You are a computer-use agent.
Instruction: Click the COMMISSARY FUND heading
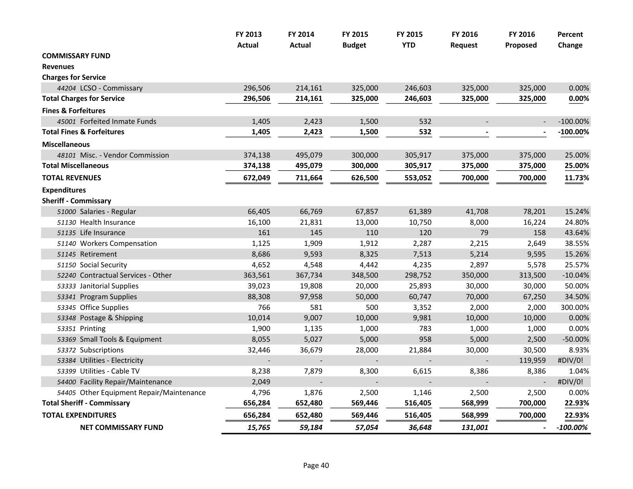(76, 56)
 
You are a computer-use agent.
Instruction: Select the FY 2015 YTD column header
(409, 40)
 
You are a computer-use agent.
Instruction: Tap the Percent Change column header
(570, 40)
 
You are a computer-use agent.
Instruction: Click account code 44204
(66, 88)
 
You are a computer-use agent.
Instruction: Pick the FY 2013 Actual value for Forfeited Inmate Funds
(261, 122)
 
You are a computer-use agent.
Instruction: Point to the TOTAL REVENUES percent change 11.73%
(577, 178)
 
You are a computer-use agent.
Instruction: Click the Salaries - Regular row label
(108, 212)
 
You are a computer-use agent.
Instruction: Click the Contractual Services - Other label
(125, 275)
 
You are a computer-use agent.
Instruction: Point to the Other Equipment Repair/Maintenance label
(142, 393)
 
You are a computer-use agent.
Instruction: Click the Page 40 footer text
(316, 466)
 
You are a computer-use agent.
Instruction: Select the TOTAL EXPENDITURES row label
(79, 415)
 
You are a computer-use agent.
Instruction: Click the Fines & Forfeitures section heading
(73, 111)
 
